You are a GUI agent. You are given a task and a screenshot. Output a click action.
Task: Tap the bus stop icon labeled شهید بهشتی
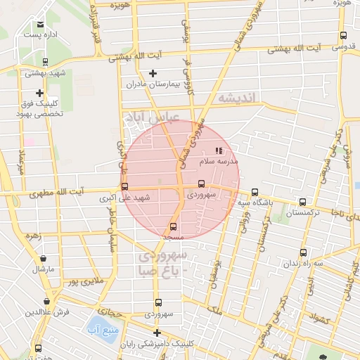coord(45,62)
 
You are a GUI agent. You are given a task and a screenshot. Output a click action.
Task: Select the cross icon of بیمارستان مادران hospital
coord(153,73)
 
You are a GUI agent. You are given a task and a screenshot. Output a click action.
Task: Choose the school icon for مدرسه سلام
coord(219,150)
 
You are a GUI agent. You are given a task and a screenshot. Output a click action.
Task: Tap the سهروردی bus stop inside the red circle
coord(202,185)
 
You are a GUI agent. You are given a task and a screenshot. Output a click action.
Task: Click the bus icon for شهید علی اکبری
coord(125,186)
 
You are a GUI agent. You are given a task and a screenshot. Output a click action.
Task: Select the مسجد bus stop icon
coord(174,226)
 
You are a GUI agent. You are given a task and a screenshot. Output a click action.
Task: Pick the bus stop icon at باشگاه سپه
coord(255,191)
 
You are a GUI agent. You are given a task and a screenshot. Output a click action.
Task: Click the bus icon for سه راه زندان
coord(303,251)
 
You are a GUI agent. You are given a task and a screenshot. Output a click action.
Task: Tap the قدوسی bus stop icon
coord(343,36)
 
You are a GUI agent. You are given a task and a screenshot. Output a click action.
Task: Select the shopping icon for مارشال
coord(44,259)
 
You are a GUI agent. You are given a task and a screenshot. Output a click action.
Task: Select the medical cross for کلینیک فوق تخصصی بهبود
coord(39,93)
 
